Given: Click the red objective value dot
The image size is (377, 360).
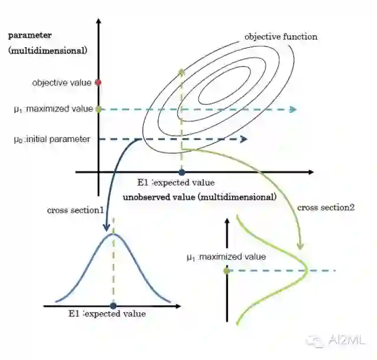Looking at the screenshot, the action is [98, 82].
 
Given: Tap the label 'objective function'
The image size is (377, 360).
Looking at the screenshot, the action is [281, 37].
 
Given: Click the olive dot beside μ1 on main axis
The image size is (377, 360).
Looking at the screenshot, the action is [98, 109].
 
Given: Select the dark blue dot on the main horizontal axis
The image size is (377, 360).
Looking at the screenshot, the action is [181, 172].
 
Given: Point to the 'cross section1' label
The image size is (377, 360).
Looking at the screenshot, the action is [75, 210].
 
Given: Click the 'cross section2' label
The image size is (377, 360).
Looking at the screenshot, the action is [326, 207].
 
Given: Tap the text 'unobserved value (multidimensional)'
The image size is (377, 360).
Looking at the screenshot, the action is [199, 197].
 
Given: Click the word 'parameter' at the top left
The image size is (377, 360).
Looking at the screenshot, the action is [30, 35].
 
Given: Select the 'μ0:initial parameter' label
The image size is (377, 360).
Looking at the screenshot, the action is [52, 140].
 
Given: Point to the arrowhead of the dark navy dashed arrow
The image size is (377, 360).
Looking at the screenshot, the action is [243, 140].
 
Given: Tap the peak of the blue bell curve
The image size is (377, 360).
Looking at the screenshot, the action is [113, 235].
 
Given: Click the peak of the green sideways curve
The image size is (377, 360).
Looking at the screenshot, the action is [307, 270].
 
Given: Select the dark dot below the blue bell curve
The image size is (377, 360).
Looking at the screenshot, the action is [113, 305].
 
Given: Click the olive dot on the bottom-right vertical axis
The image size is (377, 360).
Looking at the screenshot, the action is [227, 270].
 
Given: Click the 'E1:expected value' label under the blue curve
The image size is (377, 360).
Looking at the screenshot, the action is [107, 314].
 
